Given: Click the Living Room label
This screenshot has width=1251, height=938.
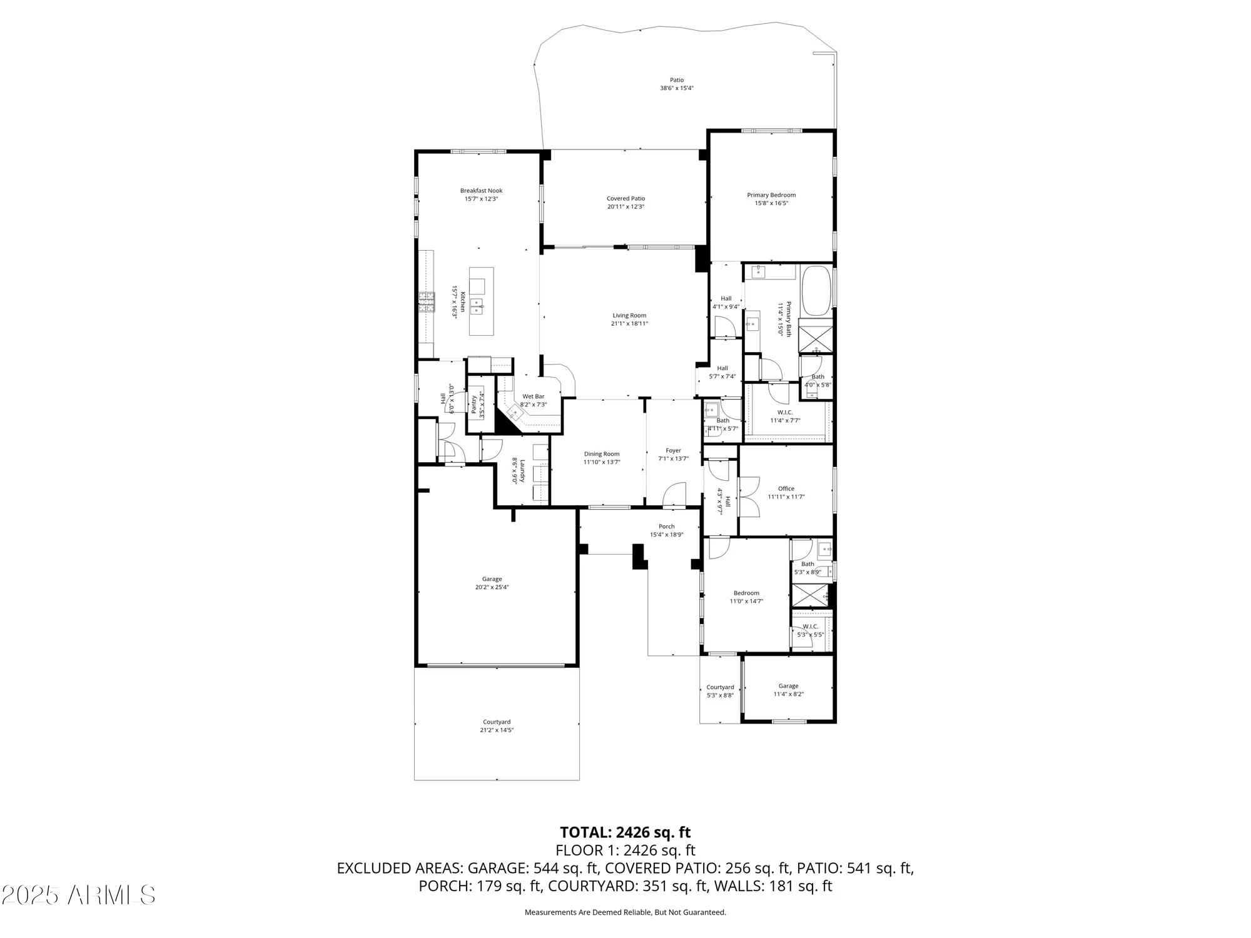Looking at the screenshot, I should click(629, 316).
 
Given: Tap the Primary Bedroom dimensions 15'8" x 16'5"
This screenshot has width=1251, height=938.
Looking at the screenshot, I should click(771, 203).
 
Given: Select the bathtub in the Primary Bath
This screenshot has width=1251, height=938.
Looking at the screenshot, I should click(816, 291).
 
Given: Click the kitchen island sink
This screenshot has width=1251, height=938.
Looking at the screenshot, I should click(477, 306).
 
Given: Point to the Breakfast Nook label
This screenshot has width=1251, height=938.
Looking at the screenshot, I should click(481, 191).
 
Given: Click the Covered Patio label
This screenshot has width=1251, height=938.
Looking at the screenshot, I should click(625, 198).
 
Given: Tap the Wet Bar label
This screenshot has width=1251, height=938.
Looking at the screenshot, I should click(533, 396).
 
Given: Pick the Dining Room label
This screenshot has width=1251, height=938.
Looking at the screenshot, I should click(602, 454).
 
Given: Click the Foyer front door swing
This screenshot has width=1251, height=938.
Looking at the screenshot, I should click(674, 495).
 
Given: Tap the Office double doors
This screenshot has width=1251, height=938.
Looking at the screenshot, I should click(748, 497).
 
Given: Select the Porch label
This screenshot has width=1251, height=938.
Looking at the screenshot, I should click(666, 527).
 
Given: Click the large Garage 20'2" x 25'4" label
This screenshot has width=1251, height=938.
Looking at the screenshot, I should click(492, 579).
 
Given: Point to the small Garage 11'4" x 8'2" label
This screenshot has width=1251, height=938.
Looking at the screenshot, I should click(788, 686).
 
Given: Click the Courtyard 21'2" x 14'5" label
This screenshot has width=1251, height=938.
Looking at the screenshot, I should click(497, 722).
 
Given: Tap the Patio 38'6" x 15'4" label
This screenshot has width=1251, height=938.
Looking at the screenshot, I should click(677, 80).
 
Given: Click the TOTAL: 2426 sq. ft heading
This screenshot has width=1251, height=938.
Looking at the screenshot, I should click(625, 832).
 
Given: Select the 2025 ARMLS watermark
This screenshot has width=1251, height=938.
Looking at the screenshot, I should click(78, 895).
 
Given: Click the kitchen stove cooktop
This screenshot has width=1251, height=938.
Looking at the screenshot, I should click(427, 303).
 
